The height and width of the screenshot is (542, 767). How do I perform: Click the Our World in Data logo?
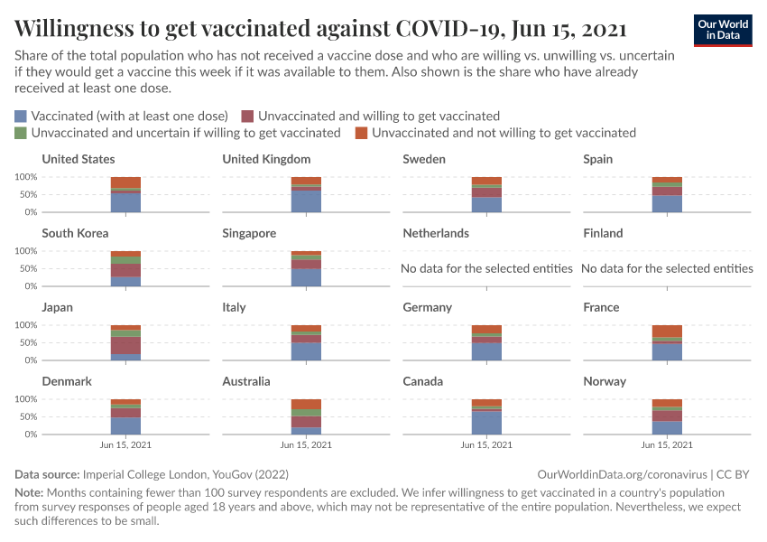pyautogui.click(x=722, y=30)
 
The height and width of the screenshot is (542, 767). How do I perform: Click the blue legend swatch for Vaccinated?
pyautogui.click(x=22, y=117)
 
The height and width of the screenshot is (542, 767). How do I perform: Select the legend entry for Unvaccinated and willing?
pyautogui.click(x=378, y=117)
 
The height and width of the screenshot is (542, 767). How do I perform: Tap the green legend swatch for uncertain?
pyautogui.click(x=22, y=133)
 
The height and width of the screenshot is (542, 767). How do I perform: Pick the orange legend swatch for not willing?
pyautogui.click(x=362, y=133)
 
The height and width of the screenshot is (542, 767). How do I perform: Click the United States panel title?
pyautogui.click(x=79, y=159)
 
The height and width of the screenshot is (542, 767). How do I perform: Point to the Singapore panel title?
pyautogui.click(x=249, y=233)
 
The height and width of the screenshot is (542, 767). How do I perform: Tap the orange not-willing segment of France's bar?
pyautogui.click(x=667, y=331)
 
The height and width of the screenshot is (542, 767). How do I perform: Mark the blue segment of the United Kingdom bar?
pyautogui.click(x=306, y=201)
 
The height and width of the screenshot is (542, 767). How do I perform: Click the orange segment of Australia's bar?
pyautogui.click(x=306, y=404)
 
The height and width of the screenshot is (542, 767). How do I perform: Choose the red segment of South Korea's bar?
pyautogui.click(x=125, y=270)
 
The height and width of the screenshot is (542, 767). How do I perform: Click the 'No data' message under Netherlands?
pyautogui.click(x=486, y=268)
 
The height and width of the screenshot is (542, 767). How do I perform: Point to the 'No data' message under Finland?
pyautogui.click(x=667, y=268)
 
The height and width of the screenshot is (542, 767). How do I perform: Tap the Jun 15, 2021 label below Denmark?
pyautogui.click(x=125, y=445)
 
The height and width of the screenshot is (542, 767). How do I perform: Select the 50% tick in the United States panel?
pyautogui.click(x=27, y=194)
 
